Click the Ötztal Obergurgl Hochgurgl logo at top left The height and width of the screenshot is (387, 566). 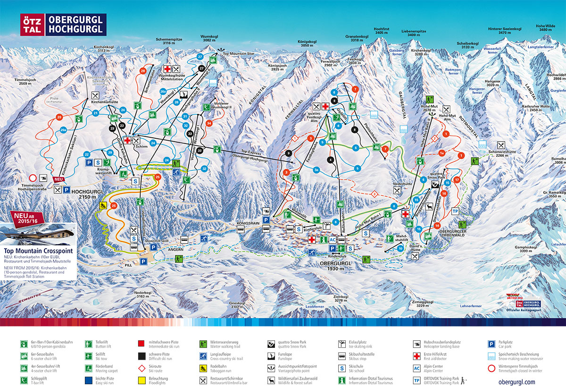[63, 25]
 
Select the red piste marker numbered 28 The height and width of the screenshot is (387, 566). [143, 71]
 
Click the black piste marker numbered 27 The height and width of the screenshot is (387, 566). [201, 68]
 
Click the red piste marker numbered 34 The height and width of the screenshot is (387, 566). [208, 124]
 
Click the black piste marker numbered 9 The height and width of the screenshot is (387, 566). [289, 153]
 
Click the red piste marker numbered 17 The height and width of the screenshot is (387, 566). [457, 180]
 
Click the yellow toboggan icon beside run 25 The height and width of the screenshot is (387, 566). [101, 205]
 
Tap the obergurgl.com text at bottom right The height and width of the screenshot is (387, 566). [516, 381]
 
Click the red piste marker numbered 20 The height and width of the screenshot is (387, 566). [59, 117]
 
